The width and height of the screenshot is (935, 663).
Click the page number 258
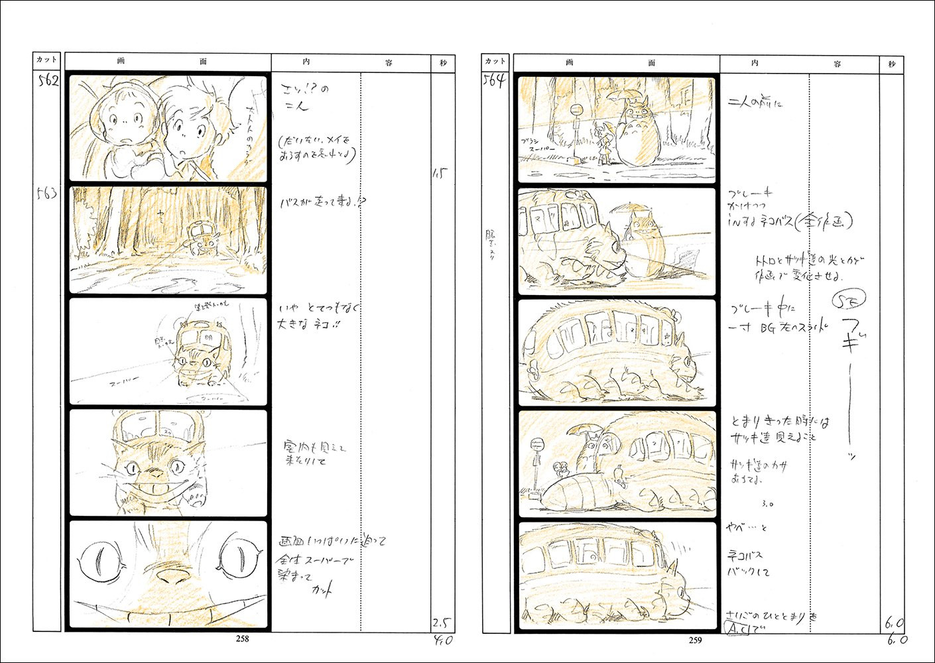point(242,639)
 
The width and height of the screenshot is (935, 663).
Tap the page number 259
point(695,640)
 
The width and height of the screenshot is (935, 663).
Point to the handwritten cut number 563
point(47,194)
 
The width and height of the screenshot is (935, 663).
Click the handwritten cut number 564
point(495,82)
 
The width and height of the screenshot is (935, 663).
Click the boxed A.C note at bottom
point(737,627)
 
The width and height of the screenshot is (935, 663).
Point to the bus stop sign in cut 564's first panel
point(577,110)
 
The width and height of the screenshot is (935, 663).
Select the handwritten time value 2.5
point(442,623)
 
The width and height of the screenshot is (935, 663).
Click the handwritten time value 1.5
point(440,174)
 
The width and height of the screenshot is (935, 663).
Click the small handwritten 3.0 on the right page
point(767,504)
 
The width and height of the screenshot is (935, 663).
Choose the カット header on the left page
point(47,60)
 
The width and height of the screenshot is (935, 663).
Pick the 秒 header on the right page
point(892,64)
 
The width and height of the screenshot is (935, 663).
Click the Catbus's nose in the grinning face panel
point(156,473)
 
